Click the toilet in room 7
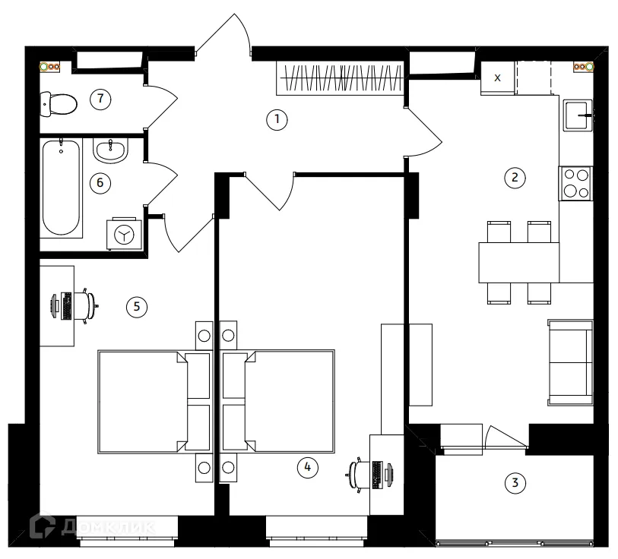tap(59, 104)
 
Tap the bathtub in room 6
tap(61, 188)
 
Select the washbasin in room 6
tap(111, 150)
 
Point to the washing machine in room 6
tap(124, 234)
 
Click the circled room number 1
tap(277, 119)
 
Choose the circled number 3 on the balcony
tap(515, 482)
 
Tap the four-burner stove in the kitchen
tap(576, 183)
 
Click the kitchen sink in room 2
tap(578, 115)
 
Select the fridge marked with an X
tap(497, 78)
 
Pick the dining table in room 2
tap(519, 263)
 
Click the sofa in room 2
tap(570, 363)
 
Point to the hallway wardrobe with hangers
tap(340, 78)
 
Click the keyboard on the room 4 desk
tap(377, 475)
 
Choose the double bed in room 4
tap(278, 400)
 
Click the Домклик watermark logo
tap(93, 526)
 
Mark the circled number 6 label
tap(100, 183)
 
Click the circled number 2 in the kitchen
tap(515, 177)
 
